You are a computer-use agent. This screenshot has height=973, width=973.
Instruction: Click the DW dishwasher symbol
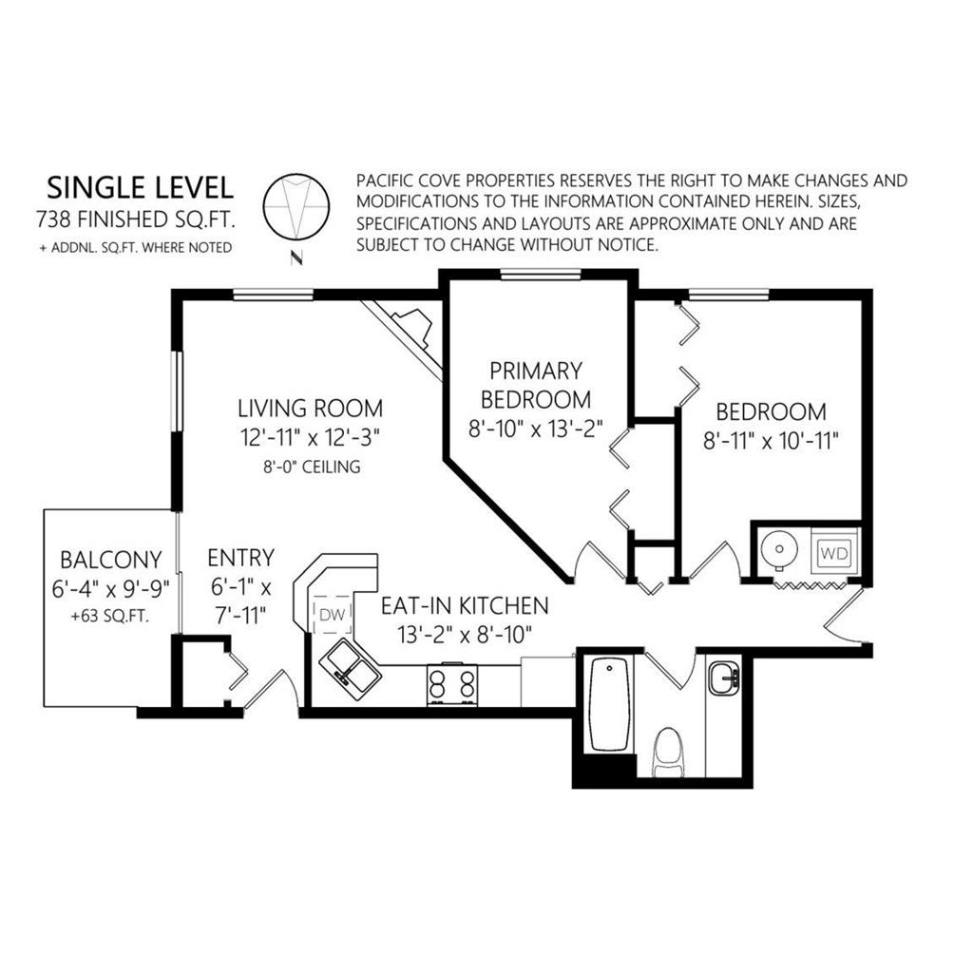[333, 615]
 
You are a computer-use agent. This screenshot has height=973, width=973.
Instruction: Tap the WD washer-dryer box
[834, 552]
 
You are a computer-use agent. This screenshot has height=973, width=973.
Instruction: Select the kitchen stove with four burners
[452, 685]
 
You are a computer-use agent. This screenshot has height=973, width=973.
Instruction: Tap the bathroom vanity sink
[724, 677]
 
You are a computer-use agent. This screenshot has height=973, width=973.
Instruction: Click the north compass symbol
[296, 207]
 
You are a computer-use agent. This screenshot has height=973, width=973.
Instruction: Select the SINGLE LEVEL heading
[141, 187]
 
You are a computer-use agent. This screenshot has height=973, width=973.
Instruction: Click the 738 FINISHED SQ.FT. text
[137, 219]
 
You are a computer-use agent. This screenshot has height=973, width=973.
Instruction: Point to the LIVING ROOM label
[311, 409]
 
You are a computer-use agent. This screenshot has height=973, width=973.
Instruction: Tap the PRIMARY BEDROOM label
[536, 385]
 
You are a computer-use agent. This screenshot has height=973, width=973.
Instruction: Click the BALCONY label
[111, 560]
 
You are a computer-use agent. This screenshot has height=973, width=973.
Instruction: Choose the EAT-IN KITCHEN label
[465, 605]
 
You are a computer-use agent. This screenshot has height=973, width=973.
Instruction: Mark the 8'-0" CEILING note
[312, 467]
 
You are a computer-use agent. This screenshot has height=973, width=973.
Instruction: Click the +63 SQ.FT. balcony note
[110, 617]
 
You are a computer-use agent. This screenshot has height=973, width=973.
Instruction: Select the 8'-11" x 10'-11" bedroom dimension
[771, 441]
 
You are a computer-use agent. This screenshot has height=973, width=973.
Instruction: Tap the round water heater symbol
[779, 548]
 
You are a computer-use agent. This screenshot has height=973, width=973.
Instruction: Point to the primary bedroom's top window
[541, 275]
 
